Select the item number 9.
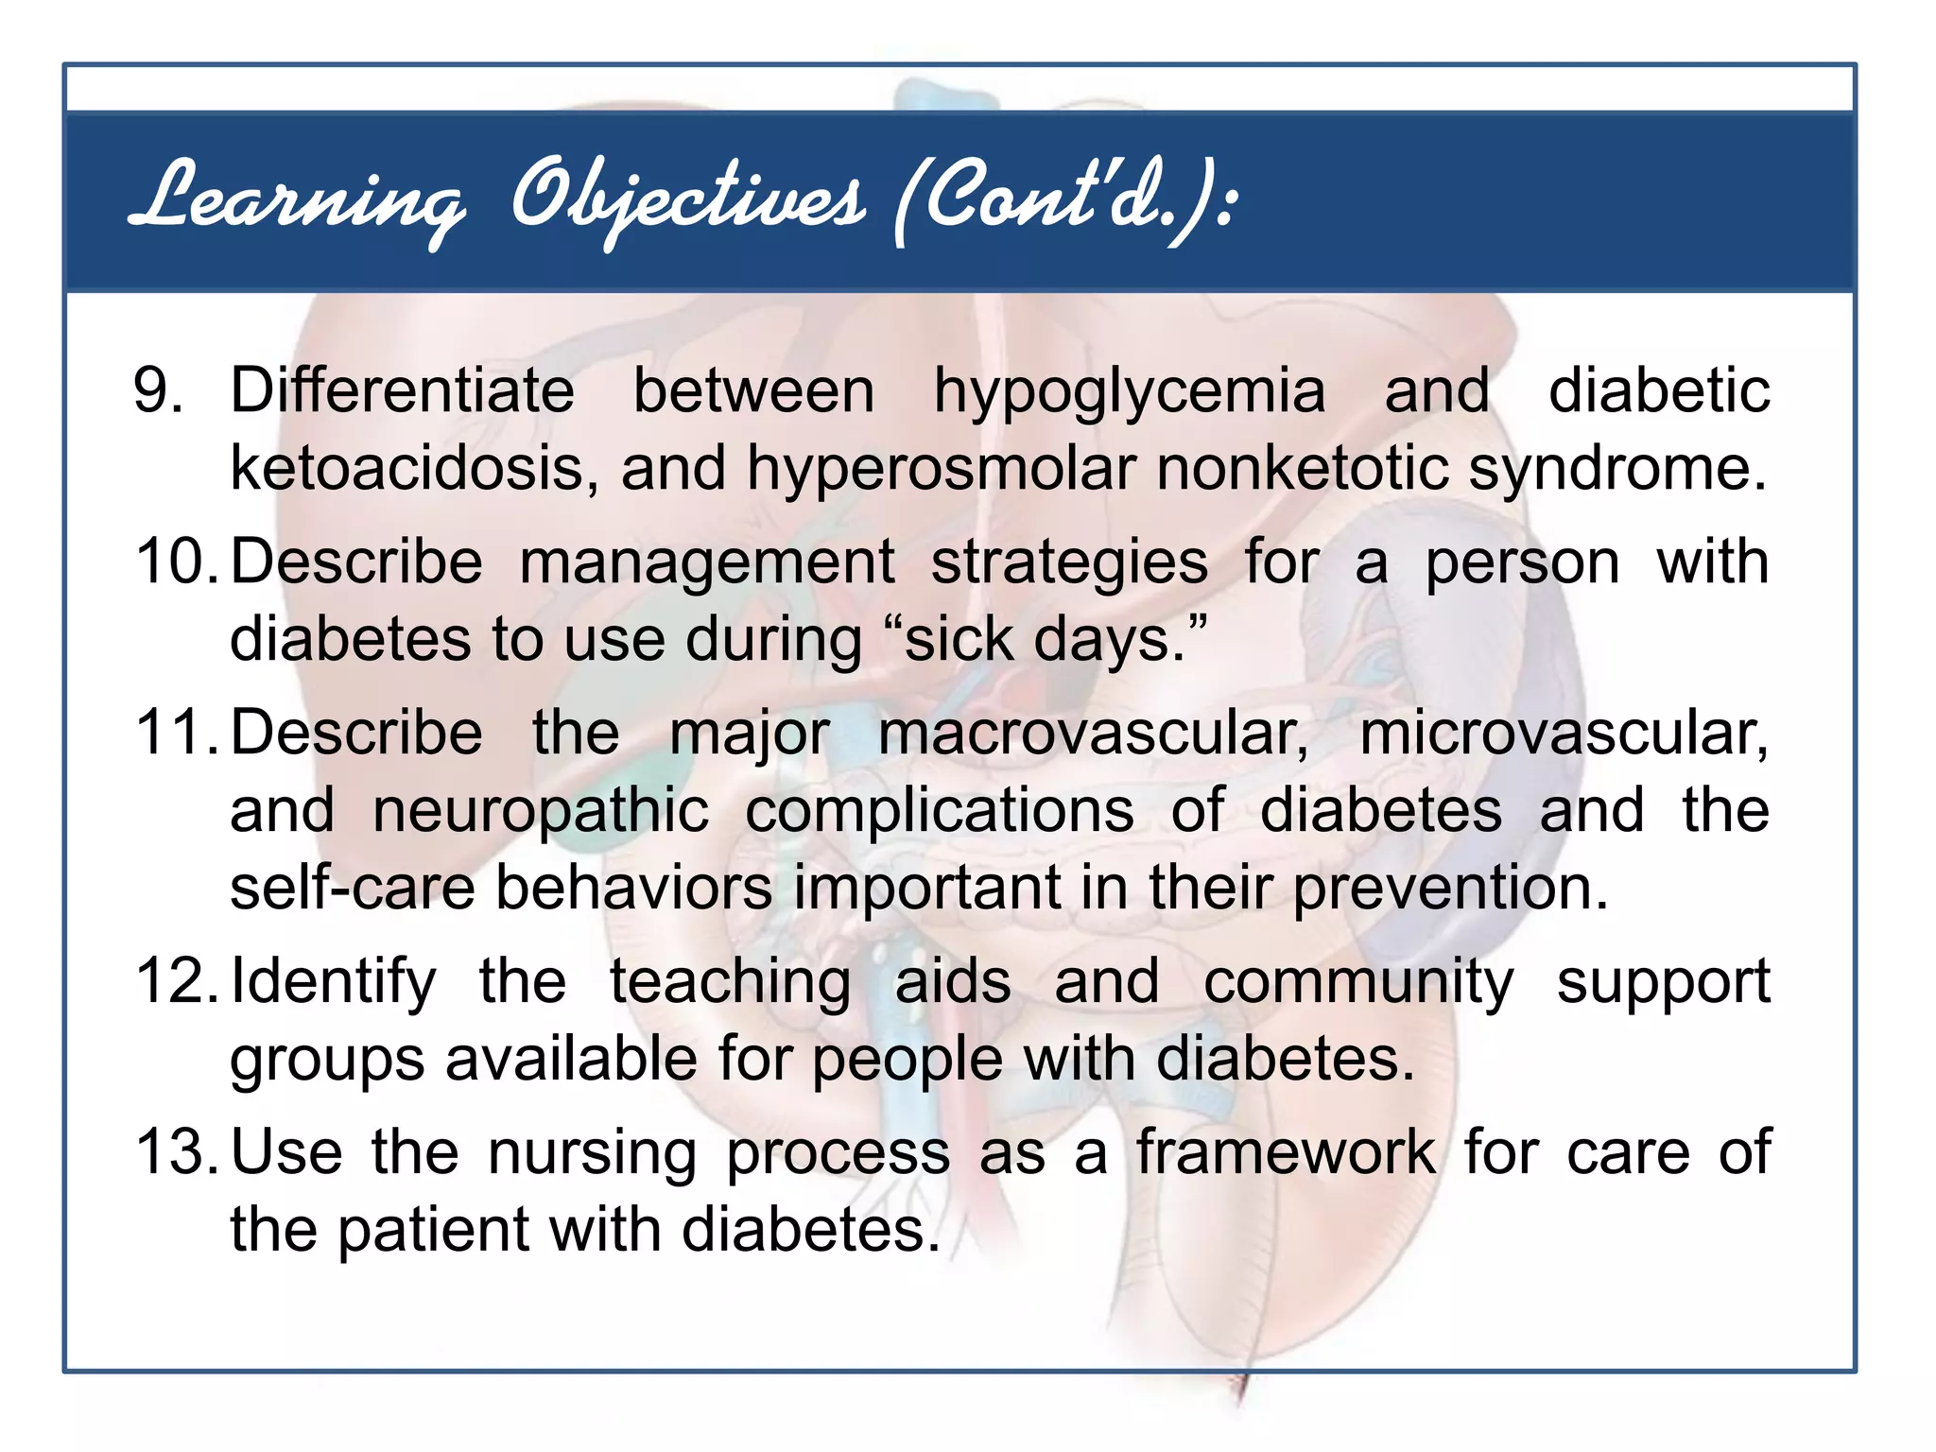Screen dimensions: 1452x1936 pos(158,390)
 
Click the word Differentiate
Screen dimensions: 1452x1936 pos(402,390)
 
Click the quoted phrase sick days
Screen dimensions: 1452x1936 pos(1049,641)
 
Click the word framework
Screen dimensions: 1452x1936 pos(1286,1152)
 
